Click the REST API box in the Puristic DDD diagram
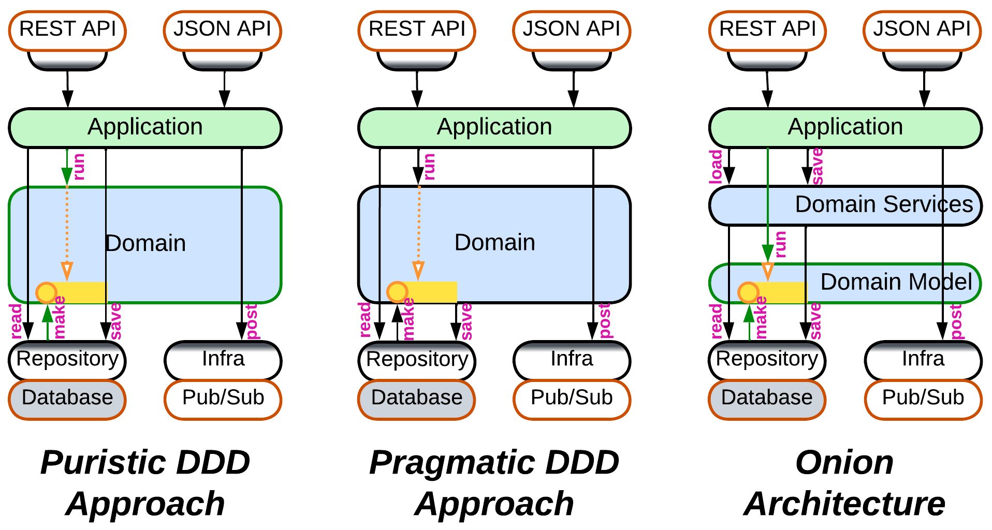pyautogui.click(x=67, y=30)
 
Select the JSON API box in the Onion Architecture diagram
pyautogui.click(x=922, y=30)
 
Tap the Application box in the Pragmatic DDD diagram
pyautogui.click(x=494, y=127)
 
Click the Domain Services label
pyautogui.click(x=884, y=204)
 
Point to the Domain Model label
pyautogui.click(x=896, y=282)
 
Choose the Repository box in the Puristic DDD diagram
pyautogui.click(x=67, y=359)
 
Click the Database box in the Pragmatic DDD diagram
pyautogui.click(x=417, y=398)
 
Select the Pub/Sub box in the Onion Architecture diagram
pyautogui.click(x=923, y=398)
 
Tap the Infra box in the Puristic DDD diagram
pyautogui.click(x=223, y=359)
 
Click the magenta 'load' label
pyautogui.click(x=716, y=167)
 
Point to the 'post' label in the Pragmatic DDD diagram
pyautogui.click(x=605, y=321)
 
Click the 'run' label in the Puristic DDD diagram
pyautogui.click(x=79, y=167)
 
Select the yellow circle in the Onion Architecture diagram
pyautogui.click(x=748, y=292)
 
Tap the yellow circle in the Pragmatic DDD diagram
pyautogui.click(x=397, y=292)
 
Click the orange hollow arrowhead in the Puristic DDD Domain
pyautogui.click(x=67, y=271)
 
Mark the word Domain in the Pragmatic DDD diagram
pyautogui.click(x=494, y=243)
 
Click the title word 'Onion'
pyautogui.click(x=844, y=463)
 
